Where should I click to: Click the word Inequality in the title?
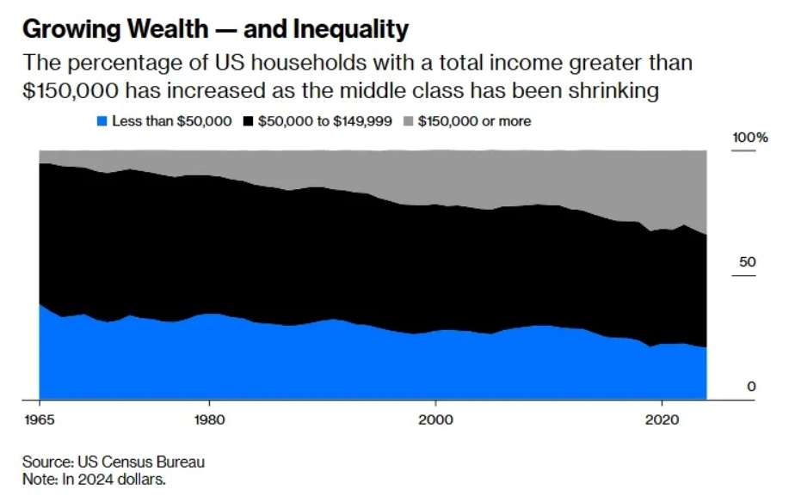pyautogui.click(x=351, y=30)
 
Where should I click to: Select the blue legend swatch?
pyautogui.click(x=102, y=121)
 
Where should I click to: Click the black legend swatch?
pyautogui.click(x=248, y=121)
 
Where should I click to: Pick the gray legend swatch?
pyautogui.click(x=408, y=121)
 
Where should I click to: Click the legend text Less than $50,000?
pyautogui.click(x=172, y=121)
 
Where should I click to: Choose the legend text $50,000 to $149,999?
pyautogui.click(x=325, y=121)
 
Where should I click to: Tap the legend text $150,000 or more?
pyautogui.click(x=475, y=121)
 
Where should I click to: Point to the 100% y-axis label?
pyautogui.click(x=750, y=138)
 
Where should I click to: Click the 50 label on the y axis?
pyautogui.click(x=748, y=262)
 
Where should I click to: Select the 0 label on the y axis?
pyautogui.click(x=751, y=387)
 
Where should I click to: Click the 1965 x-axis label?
pyautogui.click(x=40, y=420)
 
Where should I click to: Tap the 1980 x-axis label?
pyautogui.click(x=209, y=420)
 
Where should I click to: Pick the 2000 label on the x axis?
pyautogui.click(x=435, y=420)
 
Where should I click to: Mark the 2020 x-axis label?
pyautogui.click(x=662, y=420)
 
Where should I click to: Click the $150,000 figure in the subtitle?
pyautogui.click(x=71, y=91)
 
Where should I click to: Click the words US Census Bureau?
pyautogui.click(x=141, y=462)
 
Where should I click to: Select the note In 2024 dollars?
pyautogui.click(x=114, y=479)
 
